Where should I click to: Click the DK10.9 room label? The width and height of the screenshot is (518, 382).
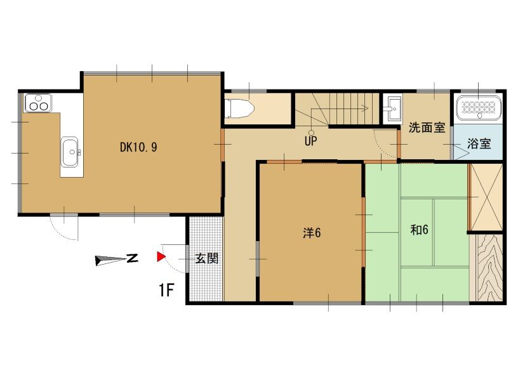[x=138, y=147]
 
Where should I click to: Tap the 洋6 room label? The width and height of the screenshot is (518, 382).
[x=312, y=233]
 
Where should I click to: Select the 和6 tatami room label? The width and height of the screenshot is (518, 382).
[x=419, y=230]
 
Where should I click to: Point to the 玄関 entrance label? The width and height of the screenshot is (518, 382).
[x=207, y=258]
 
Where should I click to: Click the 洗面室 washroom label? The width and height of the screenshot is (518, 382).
[x=427, y=128]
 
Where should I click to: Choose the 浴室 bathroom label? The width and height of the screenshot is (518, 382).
[x=479, y=143]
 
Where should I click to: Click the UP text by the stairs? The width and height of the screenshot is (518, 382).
[x=310, y=142]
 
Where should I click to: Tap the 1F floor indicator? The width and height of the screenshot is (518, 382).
[x=166, y=291]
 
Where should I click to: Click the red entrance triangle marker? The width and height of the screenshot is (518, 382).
[x=161, y=257]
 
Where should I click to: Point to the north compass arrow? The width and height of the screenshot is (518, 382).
[x=116, y=260]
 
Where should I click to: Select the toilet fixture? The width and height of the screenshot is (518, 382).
[x=239, y=108]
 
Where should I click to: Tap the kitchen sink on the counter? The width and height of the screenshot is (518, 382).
[x=70, y=152]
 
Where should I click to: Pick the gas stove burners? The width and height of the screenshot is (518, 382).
[x=38, y=103]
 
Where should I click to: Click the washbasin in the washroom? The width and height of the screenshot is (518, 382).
[x=394, y=109]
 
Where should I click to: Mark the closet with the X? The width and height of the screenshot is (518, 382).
[x=486, y=197]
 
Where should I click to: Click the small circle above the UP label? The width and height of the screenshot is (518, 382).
[x=311, y=133]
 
